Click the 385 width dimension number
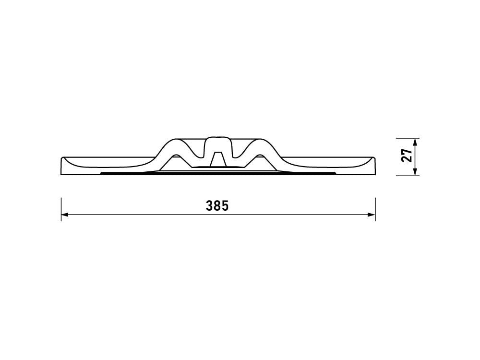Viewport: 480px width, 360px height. [x=217, y=206]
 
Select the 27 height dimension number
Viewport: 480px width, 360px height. [x=407, y=156]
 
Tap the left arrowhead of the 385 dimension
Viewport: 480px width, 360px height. [x=65, y=215]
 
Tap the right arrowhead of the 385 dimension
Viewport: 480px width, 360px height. [x=372, y=215]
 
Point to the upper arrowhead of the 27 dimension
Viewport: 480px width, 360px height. [x=415, y=142]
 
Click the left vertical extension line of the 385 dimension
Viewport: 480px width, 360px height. [x=61, y=209]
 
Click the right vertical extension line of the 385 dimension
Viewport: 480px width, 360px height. [x=375, y=209]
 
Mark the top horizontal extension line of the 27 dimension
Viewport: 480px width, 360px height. [x=408, y=138]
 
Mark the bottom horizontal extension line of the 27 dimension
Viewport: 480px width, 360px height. [x=408, y=176]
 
